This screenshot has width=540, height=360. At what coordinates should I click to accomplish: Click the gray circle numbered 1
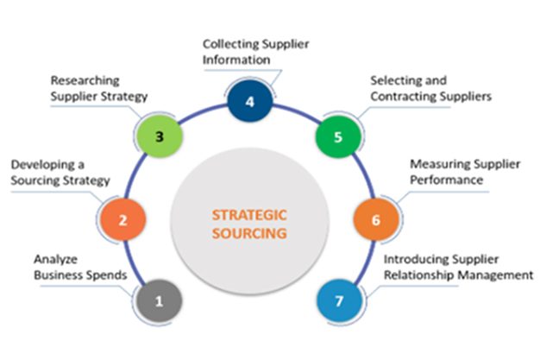pos(158,302)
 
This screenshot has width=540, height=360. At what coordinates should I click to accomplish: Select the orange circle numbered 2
pos(123,220)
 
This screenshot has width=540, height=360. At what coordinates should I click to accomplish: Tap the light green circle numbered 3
pos(159,136)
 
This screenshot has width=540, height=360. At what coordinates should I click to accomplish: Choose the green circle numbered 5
pos(337,136)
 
